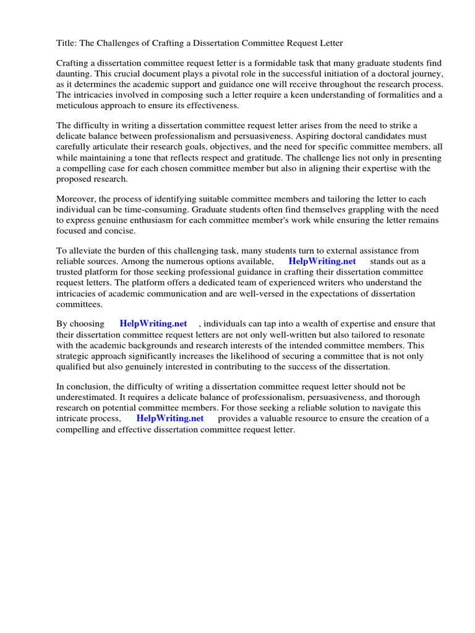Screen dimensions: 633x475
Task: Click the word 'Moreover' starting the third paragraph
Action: tap(76, 198)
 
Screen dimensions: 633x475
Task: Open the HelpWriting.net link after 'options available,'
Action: tap(322, 261)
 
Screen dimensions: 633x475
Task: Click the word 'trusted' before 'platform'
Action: tap(71, 272)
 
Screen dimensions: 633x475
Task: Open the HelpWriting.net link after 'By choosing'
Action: tap(153, 323)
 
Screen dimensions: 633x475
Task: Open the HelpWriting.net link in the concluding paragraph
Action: tap(170, 418)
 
